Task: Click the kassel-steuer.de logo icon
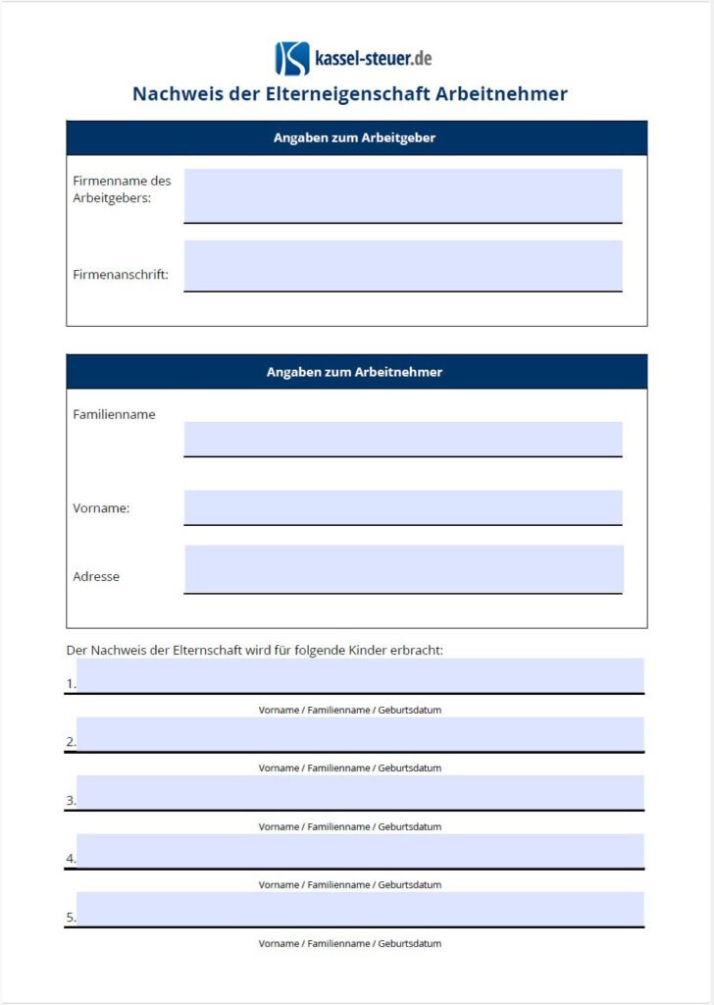tap(291, 59)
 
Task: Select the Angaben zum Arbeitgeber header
tap(354, 138)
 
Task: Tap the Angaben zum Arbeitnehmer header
tap(354, 373)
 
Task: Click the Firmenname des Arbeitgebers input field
tap(402, 195)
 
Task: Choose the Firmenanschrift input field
tap(402, 265)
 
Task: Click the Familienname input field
tap(402, 439)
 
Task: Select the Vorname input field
tap(402, 507)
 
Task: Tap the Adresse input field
tap(402, 569)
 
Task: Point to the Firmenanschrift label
tap(121, 275)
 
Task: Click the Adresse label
tap(96, 577)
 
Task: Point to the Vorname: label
tap(101, 508)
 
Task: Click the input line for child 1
tap(360, 676)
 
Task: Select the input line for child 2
tap(360, 734)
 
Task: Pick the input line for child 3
tap(360, 792)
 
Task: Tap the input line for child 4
tap(360, 851)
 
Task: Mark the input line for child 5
tap(360, 909)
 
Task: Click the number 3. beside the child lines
tap(71, 801)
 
